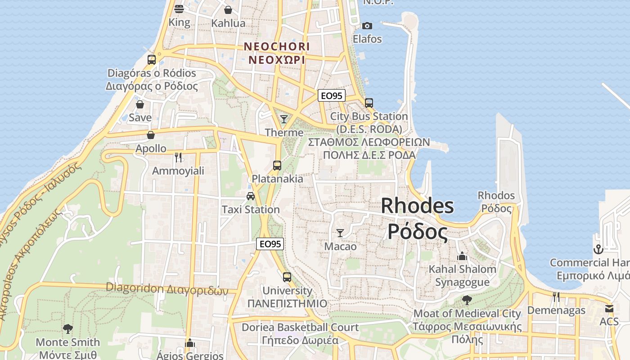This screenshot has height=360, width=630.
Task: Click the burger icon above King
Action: point(179,9)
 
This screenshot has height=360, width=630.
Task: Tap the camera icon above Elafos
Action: point(367,26)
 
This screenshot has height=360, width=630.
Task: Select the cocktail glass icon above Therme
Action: point(284,119)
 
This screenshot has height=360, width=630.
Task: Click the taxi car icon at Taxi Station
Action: point(251,196)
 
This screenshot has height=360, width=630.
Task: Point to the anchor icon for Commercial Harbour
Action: point(598,249)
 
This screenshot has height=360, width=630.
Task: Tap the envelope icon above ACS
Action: point(609,309)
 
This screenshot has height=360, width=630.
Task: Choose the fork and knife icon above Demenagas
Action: point(556,297)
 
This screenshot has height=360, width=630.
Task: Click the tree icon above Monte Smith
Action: point(68,329)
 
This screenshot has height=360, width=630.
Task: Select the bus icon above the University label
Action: point(287,277)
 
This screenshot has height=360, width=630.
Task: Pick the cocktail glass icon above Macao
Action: point(340,233)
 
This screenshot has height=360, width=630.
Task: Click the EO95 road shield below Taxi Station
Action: point(270,244)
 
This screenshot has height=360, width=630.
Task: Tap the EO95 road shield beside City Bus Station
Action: point(332,95)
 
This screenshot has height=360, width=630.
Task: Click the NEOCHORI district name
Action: point(277,46)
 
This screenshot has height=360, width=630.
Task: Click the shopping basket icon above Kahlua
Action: point(228,10)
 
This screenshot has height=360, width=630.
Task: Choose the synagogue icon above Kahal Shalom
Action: point(462,256)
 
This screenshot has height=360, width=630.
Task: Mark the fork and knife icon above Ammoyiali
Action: point(178,157)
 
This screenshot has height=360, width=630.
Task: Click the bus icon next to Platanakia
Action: point(277,165)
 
